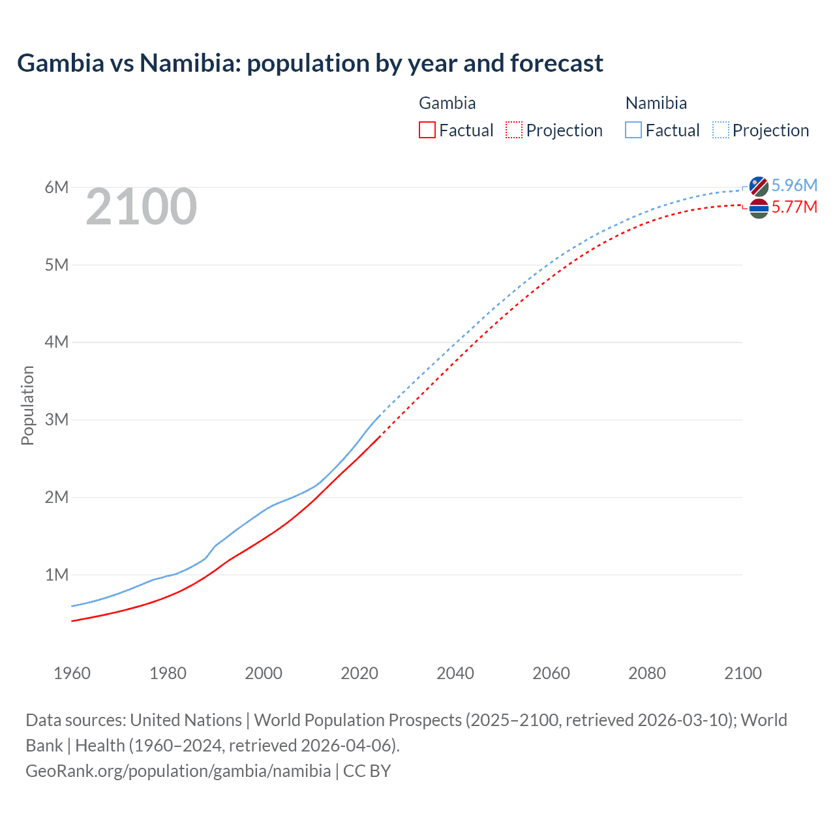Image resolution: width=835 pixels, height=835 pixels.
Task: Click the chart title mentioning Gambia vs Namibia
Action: tap(310, 63)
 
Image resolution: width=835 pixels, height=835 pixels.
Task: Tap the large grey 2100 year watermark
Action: tap(141, 207)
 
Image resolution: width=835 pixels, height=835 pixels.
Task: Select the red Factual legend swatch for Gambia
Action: tap(427, 130)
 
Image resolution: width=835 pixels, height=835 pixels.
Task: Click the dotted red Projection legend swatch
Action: tap(514, 130)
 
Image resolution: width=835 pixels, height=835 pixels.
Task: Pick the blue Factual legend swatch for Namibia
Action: tap(633, 130)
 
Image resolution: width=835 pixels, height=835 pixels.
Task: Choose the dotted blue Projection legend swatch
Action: tap(720, 130)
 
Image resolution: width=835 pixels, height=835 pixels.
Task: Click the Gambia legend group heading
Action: tap(447, 103)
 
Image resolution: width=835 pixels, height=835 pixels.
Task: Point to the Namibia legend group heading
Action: tap(656, 103)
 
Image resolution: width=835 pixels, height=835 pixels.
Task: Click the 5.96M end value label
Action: tap(794, 185)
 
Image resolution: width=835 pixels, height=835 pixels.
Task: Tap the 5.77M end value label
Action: tap(794, 207)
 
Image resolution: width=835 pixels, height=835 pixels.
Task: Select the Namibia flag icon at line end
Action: tap(759, 186)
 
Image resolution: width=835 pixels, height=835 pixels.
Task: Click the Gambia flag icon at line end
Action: tap(759, 209)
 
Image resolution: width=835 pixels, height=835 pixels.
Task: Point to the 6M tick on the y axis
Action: tap(57, 188)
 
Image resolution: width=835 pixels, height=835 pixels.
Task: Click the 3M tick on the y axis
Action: tap(57, 419)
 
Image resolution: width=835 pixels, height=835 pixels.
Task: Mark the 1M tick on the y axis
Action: tap(57, 575)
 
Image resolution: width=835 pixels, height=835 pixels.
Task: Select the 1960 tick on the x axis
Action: tap(72, 673)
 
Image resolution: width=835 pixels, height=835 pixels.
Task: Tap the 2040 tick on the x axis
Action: tap(455, 673)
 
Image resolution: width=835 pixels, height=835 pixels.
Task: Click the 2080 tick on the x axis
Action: tap(647, 673)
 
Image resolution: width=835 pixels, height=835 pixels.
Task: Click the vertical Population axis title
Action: tap(27, 405)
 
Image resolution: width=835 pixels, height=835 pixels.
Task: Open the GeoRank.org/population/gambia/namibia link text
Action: tap(178, 771)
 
